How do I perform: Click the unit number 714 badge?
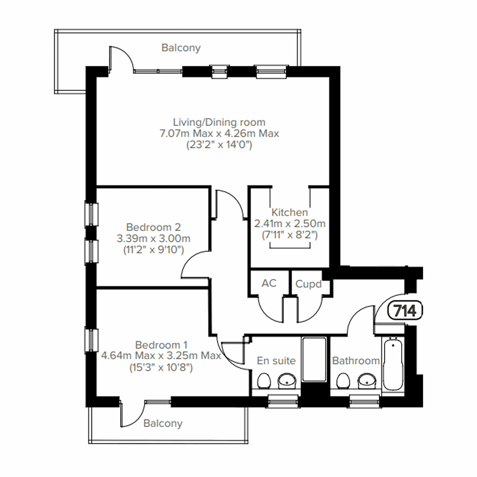405,310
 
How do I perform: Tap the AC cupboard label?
269,283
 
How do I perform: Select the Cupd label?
308,284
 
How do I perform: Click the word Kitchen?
289,212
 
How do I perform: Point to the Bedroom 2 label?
153,227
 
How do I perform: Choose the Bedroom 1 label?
161,345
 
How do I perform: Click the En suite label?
276,361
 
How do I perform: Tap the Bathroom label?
356,361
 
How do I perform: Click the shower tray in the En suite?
314,359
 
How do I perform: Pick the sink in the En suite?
287,381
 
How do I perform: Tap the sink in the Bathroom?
366,381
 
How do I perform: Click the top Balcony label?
181,48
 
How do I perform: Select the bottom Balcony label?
163,423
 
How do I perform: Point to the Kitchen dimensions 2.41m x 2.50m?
290,224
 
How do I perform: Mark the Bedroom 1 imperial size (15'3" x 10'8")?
161,368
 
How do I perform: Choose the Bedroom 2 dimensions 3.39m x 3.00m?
153,239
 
